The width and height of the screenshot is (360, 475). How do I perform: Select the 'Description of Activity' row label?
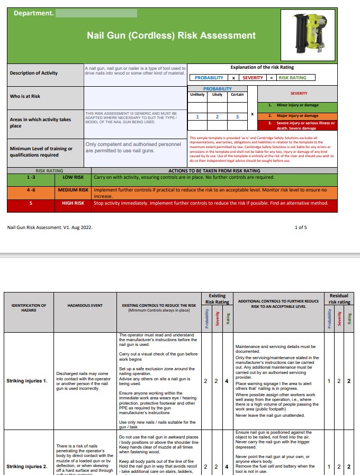point(34,73)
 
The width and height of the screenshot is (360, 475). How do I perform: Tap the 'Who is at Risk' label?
point(25,96)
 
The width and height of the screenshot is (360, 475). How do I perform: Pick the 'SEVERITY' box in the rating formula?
point(253,78)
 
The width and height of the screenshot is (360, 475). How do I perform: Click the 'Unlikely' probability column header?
point(198,95)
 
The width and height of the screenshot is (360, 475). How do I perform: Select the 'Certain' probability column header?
point(237,95)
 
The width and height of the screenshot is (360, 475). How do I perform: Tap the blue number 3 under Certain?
point(237,117)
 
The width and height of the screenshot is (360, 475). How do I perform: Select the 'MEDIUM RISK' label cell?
point(73,189)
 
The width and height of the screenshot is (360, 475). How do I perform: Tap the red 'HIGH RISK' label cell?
point(73,203)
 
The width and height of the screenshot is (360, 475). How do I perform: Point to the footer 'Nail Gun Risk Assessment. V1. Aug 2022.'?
point(50,227)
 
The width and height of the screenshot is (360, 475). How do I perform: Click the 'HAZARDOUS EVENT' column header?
point(85,305)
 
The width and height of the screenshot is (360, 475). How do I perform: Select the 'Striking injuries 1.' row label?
point(27,380)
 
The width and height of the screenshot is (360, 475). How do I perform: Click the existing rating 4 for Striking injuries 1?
point(227,380)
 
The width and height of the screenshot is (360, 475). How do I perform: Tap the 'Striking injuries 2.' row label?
point(27,467)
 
